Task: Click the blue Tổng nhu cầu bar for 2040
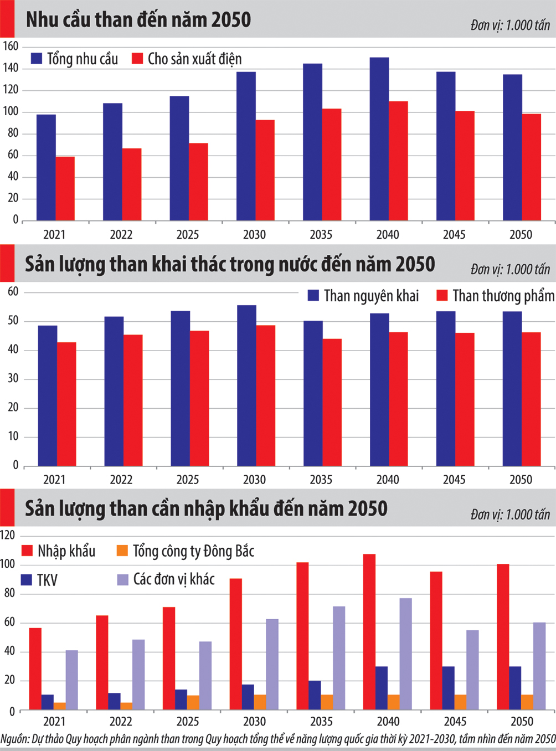[x=379, y=138]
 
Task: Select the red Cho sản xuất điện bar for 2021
[x=65, y=188]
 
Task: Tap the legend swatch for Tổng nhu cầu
[x=37, y=59]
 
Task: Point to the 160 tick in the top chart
[x=11, y=46]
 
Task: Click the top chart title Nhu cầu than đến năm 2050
[x=138, y=20]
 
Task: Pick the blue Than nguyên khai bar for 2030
[x=246, y=385]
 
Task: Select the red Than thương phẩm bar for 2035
[x=332, y=402]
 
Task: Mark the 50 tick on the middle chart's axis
[x=13, y=321]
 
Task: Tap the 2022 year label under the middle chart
[x=121, y=480]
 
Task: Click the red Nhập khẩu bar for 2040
[x=369, y=631]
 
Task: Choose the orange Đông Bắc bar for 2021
[x=60, y=706]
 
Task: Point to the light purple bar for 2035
[x=339, y=658]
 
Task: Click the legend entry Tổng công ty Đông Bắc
[x=193, y=551]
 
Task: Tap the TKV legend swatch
[x=27, y=580]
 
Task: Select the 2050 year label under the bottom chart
[x=521, y=722]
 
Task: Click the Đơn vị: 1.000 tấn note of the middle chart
[x=510, y=270]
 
